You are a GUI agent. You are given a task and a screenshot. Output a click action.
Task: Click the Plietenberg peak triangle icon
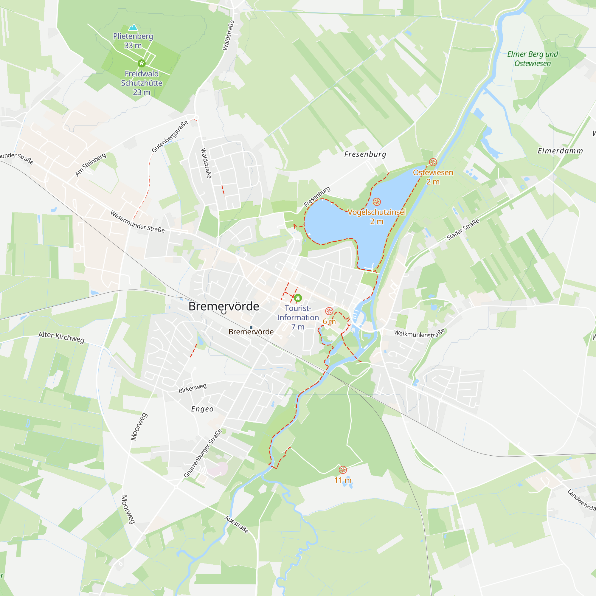[133, 27]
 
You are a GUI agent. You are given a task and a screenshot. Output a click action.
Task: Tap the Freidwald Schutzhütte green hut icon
[142, 63]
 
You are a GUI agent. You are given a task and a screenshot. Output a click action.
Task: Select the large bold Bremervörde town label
[224, 306]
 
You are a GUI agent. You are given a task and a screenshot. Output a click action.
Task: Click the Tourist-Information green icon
[298, 298]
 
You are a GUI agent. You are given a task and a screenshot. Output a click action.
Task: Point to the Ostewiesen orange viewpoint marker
[433, 162]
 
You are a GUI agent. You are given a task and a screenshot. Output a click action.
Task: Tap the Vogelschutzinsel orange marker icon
[377, 202]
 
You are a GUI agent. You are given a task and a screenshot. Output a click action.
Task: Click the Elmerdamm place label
[560, 151]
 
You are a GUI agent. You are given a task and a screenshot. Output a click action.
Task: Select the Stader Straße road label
[463, 229]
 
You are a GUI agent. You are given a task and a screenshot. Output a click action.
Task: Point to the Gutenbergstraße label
[170, 136]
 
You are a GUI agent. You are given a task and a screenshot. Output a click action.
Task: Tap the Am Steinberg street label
[91, 164]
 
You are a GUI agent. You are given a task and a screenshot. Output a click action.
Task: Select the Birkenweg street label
[193, 388]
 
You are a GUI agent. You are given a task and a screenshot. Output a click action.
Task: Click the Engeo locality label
[202, 409]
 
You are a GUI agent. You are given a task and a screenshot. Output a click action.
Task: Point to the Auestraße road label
[236, 524]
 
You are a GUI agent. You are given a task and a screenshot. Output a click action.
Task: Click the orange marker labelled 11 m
[343, 470]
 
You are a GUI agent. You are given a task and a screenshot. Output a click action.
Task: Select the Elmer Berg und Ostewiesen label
[533, 59]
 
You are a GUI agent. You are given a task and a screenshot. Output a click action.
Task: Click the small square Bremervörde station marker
[251, 328]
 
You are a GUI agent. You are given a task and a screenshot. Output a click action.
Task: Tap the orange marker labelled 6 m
[329, 311]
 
